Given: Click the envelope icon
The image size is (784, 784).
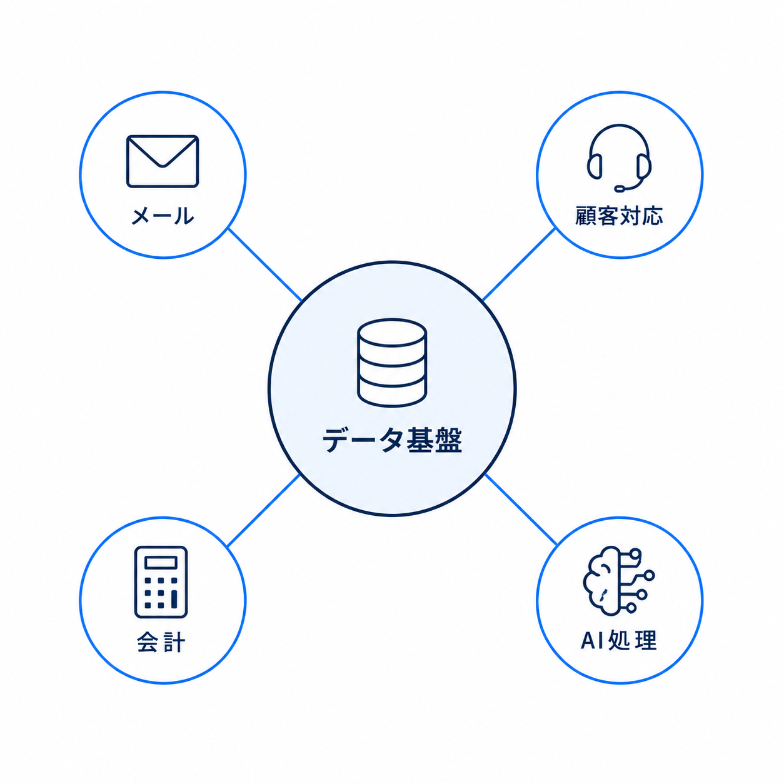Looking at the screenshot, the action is (163, 161).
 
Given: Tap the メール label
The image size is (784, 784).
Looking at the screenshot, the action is (163, 216).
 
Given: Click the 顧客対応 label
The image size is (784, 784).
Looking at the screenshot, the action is (619, 216).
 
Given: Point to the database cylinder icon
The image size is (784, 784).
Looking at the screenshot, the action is (392, 363).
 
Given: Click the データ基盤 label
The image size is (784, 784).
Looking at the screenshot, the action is (392, 440).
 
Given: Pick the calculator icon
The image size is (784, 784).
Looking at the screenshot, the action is (161, 582).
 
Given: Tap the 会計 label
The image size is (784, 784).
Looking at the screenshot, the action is (161, 643).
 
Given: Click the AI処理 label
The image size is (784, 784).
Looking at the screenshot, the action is (619, 640).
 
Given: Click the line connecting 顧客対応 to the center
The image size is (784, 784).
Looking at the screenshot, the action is (519, 264).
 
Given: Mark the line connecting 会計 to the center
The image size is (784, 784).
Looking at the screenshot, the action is (264, 511).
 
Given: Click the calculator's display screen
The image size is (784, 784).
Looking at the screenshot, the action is (161, 563).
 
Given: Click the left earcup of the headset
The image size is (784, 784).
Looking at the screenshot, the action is (595, 166).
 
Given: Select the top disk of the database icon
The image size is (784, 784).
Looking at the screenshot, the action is (392, 333).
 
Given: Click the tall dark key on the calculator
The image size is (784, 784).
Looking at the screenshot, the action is (174, 600).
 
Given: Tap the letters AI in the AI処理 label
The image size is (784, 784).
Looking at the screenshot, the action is (592, 641).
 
